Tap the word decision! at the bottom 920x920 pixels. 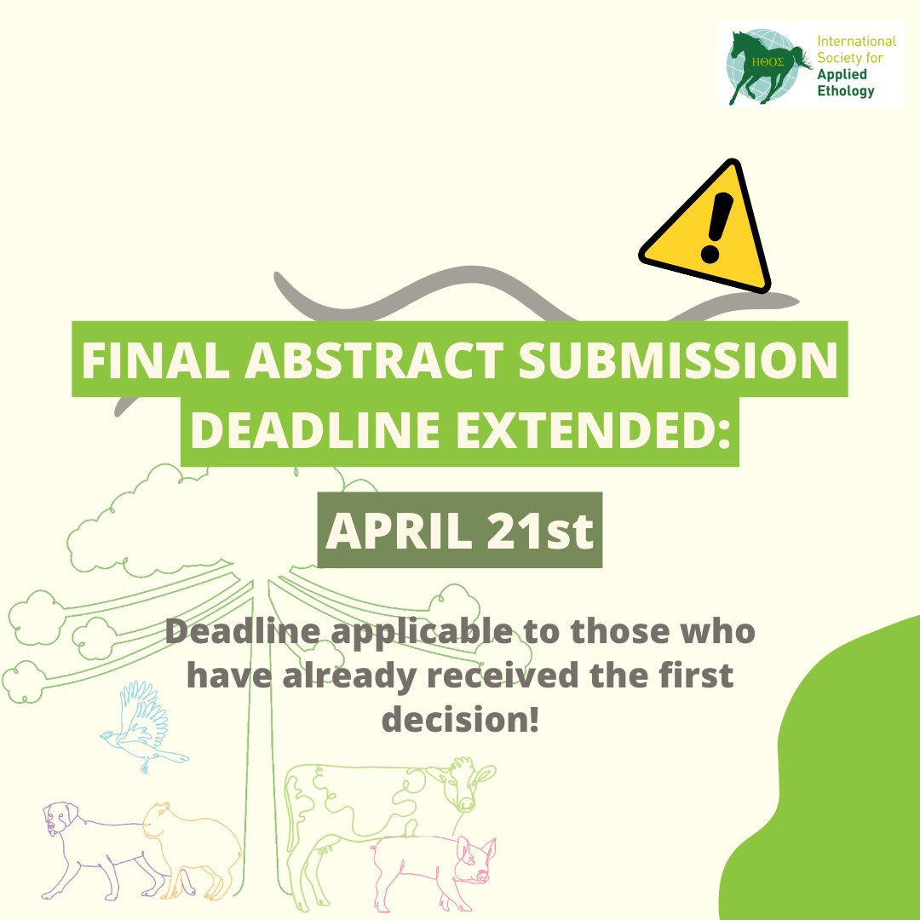point(460,718)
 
